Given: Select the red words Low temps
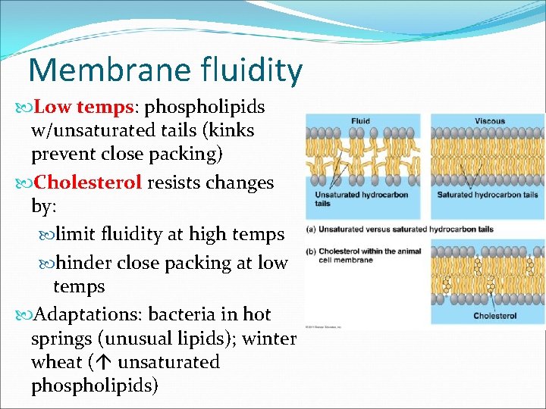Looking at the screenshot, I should click(82, 107).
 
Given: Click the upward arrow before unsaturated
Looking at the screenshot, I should click(105, 362).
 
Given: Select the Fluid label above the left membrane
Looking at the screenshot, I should click(361, 121).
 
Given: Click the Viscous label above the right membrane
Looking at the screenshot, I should click(490, 121).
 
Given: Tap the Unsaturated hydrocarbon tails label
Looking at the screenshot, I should click(361, 198).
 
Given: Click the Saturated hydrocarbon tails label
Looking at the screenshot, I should click(488, 195).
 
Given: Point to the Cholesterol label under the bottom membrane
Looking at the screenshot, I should click(494, 315).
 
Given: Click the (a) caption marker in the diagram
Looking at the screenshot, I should click(311, 229).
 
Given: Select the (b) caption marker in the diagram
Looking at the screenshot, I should click(311, 251).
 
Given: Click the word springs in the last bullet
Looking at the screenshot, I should click(63, 338).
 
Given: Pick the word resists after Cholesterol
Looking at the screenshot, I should click(176, 183).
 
